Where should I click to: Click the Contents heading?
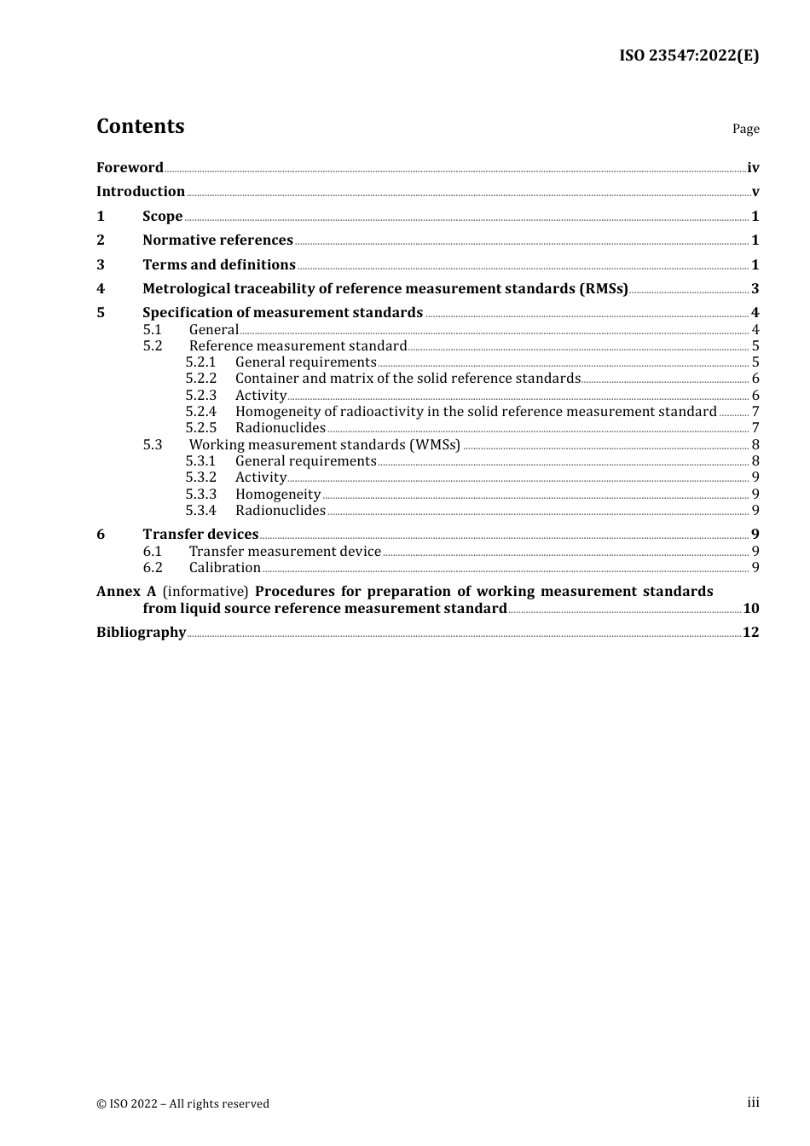(x=140, y=126)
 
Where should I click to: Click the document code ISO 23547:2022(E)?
(x=688, y=56)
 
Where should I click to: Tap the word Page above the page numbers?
(x=745, y=129)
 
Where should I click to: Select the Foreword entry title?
(x=130, y=168)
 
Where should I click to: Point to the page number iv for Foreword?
(x=753, y=168)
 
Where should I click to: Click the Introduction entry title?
(x=141, y=192)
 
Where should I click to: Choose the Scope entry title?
(x=162, y=217)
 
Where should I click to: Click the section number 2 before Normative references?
(x=101, y=240)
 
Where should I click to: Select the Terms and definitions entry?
(x=219, y=265)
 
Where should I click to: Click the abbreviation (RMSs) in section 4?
(x=603, y=289)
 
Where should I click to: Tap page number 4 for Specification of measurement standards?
(x=755, y=313)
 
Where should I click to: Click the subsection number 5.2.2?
(x=201, y=379)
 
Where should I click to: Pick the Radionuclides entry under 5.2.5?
(x=281, y=428)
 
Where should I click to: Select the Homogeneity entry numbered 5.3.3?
(x=278, y=495)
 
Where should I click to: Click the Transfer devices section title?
(x=200, y=535)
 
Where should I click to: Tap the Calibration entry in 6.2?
(x=225, y=568)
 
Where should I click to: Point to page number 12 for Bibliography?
(x=750, y=633)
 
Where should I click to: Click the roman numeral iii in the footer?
(x=753, y=1103)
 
